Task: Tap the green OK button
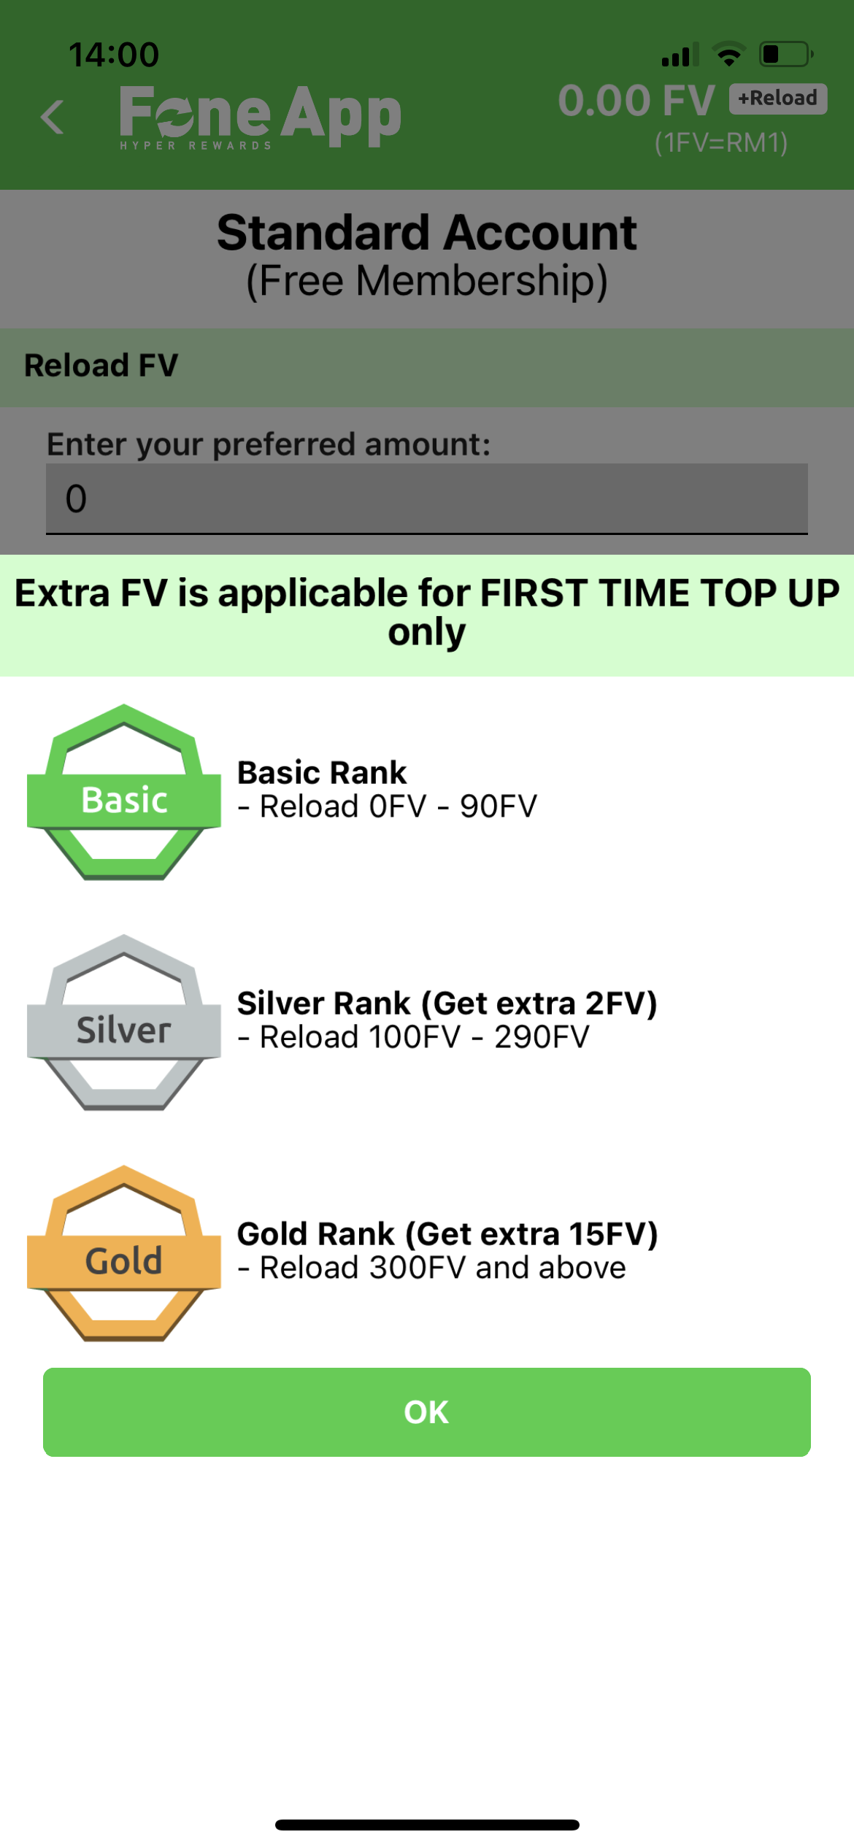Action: [427, 1412]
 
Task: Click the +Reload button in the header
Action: [777, 99]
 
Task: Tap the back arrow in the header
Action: [52, 117]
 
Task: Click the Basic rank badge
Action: [124, 792]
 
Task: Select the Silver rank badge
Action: [124, 1023]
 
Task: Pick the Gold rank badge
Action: [124, 1253]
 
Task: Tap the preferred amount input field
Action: [427, 498]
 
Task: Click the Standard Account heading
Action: [427, 233]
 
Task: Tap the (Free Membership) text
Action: [427, 281]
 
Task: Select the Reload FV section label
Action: [101, 366]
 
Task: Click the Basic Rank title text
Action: [322, 772]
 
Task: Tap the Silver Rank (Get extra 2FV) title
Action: [447, 1004]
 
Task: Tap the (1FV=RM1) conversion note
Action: [721, 143]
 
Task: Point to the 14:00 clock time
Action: [114, 55]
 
